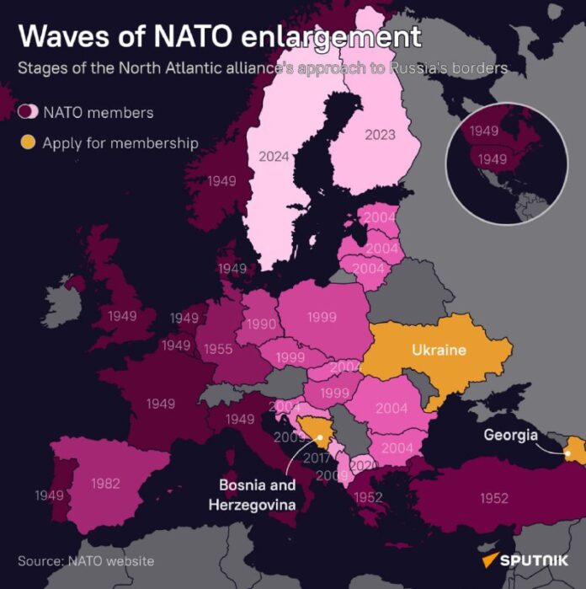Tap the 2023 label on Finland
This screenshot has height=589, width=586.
(x=380, y=133)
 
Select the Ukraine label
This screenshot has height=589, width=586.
(x=439, y=349)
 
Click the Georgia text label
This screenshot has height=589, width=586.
(x=510, y=436)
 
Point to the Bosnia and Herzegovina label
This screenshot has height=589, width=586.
(x=257, y=495)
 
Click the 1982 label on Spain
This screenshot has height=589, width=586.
(x=104, y=484)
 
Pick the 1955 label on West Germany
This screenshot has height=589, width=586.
(x=217, y=349)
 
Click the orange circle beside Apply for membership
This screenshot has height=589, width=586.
(x=29, y=142)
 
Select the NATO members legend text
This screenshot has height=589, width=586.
(x=98, y=112)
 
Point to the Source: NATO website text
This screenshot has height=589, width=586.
(x=86, y=560)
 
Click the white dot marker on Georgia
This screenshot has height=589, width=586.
(x=568, y=454)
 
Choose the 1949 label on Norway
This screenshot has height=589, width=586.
(x=221, y=180)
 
